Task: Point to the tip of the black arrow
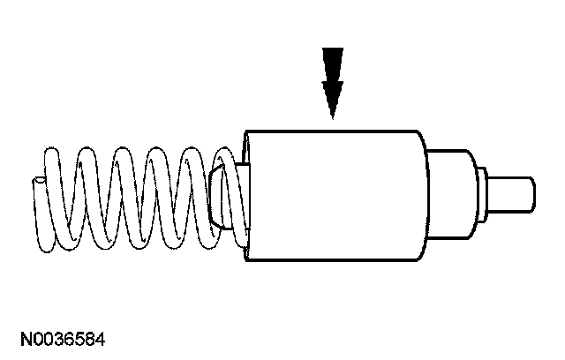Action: pos(333,117)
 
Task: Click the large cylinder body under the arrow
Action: pos(335,194)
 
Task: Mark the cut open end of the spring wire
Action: pos(37,183)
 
